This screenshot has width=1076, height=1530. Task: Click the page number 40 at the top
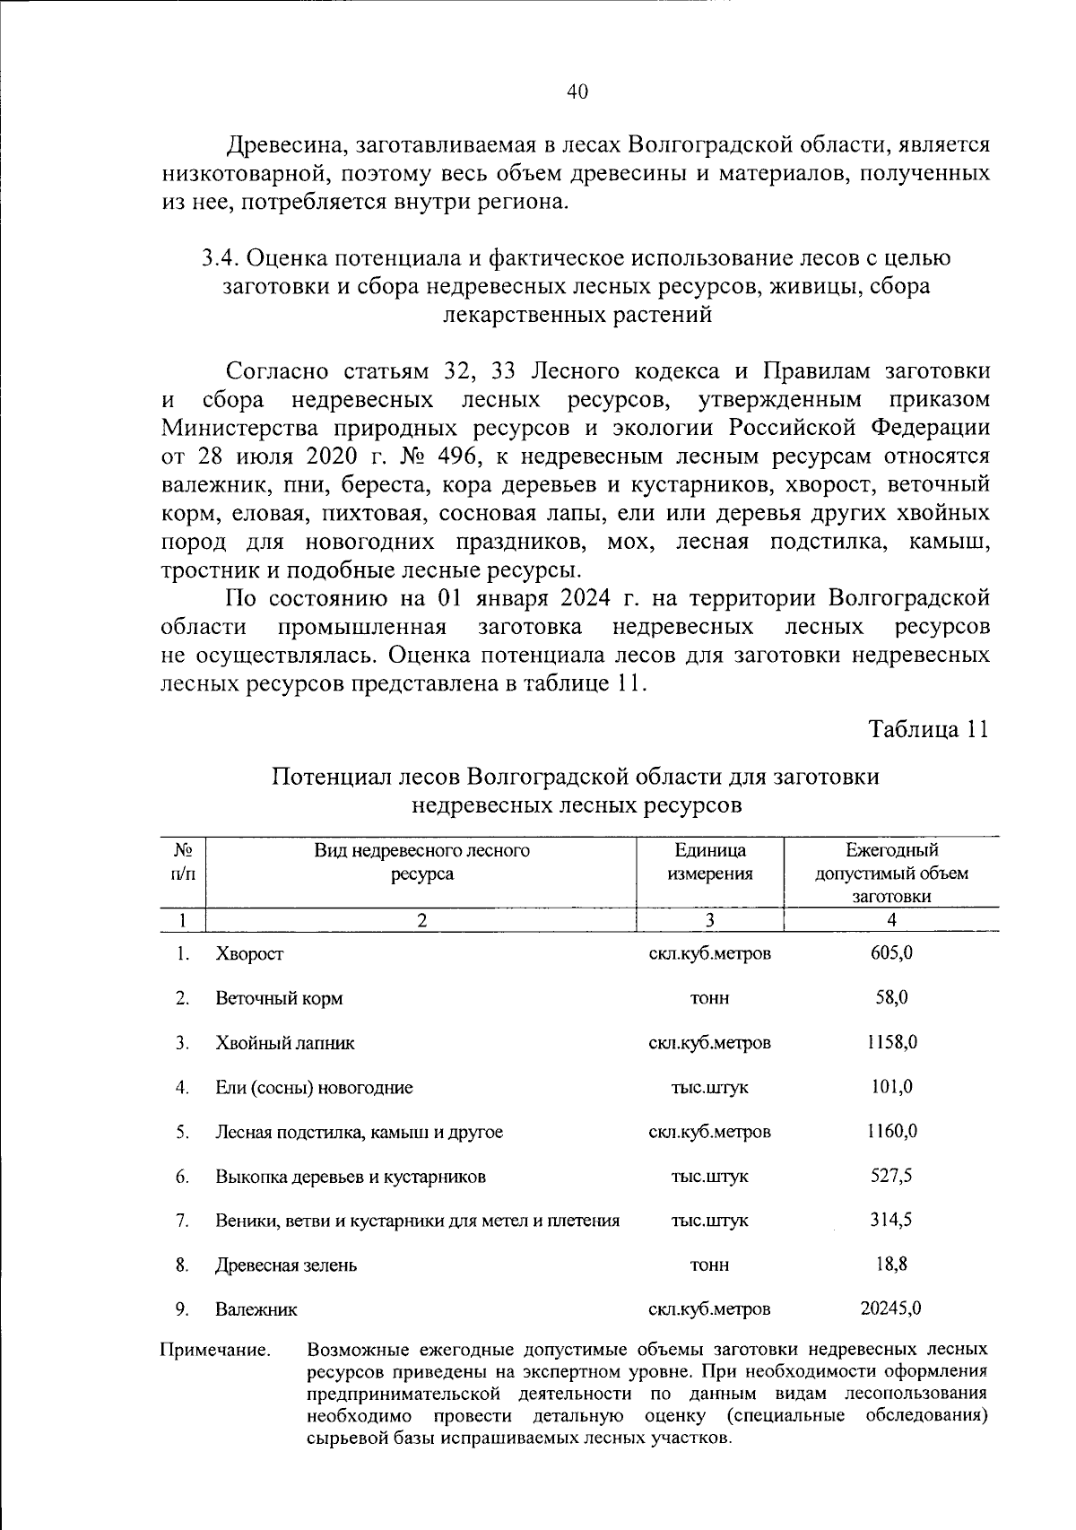(x=577, y=92)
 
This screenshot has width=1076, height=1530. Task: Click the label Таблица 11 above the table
(x=929, y=729)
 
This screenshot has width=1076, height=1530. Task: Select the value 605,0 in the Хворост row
(x=891, y=952)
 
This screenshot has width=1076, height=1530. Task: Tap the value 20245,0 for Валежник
(x=891, y=1308)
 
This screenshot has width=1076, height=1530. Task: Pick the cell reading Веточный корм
(x=279, y=997)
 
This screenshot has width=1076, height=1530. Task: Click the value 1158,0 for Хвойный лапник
(x=891, y=1042)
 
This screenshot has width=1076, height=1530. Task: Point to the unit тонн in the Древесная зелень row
(x=709, y=1265)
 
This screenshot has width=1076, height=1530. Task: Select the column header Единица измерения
(x=709, y=862)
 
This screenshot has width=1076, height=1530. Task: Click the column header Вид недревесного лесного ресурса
(x=421, y=862)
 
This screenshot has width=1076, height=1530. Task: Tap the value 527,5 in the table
(x=891, y=1175)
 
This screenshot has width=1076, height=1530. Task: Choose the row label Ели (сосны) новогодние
(x=314, y=1087)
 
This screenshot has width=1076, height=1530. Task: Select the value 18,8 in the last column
(x=891, y=1264)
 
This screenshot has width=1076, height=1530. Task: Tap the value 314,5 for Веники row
(x=891, y=1220)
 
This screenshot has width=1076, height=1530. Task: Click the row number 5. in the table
(x=182, y=1132)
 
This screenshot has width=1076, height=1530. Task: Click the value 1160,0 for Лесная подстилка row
(x=891, y=1131)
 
